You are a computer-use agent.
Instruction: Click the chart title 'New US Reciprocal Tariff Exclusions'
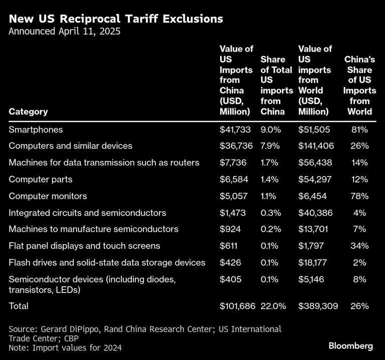click(x=116, y=19)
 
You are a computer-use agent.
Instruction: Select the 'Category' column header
click(x=28, y=111)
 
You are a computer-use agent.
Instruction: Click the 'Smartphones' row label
click(x=36, y=129)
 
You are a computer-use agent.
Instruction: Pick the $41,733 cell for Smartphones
click(x=235, y=129)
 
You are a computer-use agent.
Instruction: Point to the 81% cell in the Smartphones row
click(x=359, y=129)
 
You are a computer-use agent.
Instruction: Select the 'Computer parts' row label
click(x=41, y=179)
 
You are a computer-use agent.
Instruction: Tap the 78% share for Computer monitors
click(x=359, y=196)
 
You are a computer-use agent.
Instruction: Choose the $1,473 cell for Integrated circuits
click(x=233, y=213)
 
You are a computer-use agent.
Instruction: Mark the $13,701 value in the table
click(x=315, y=229)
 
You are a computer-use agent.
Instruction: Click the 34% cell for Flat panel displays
click(x=359, y=246)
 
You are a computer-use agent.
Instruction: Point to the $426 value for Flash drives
click(x=230, y=262)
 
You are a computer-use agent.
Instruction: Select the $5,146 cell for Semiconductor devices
click(x=313, y=279)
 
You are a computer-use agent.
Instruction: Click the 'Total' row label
click(x=19, y=306)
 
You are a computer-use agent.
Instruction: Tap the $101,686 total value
click(x=237, y=306)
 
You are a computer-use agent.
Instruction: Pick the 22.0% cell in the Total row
click(x=273, y=306)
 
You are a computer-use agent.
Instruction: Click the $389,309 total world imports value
click(x=317, y=306)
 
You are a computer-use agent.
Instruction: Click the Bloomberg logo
click(x=350, y=346)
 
